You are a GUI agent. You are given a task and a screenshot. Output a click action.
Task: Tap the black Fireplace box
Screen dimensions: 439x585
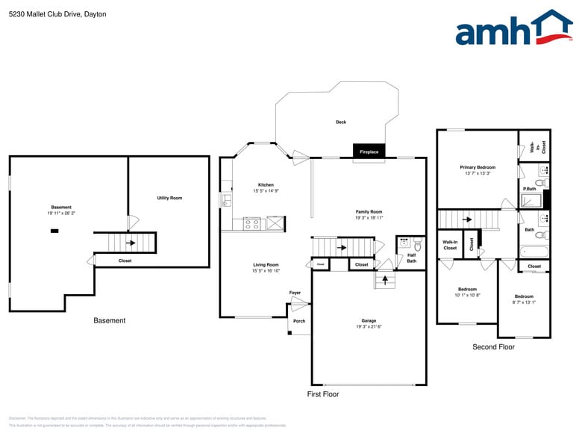(369, 152)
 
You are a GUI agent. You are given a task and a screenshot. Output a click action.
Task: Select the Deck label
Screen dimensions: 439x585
(340, 122)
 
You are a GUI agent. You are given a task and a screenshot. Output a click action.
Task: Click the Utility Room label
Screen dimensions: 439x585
(169, 198)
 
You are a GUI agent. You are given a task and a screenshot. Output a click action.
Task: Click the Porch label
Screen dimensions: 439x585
(298, 321)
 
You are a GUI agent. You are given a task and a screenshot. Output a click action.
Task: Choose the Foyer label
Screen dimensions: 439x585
(295, 293)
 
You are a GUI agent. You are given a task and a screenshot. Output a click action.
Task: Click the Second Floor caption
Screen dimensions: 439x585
(493, 347)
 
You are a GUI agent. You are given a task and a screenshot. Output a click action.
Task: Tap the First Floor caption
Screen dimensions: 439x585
(323, 393)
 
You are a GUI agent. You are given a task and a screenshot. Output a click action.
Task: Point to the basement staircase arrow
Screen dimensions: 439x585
(131, 243)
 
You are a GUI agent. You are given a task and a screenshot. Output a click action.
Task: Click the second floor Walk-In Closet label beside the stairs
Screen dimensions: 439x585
(450, 245)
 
